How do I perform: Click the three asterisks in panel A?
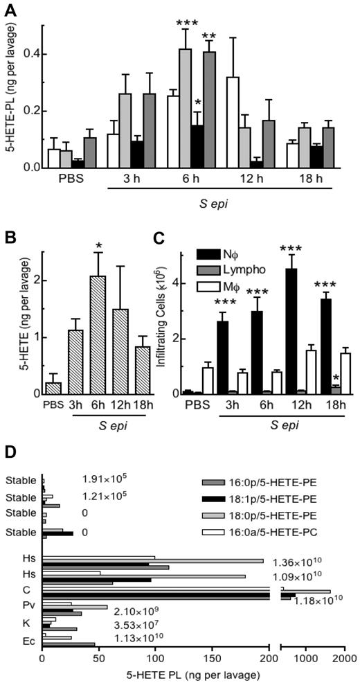tap(186, 24)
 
